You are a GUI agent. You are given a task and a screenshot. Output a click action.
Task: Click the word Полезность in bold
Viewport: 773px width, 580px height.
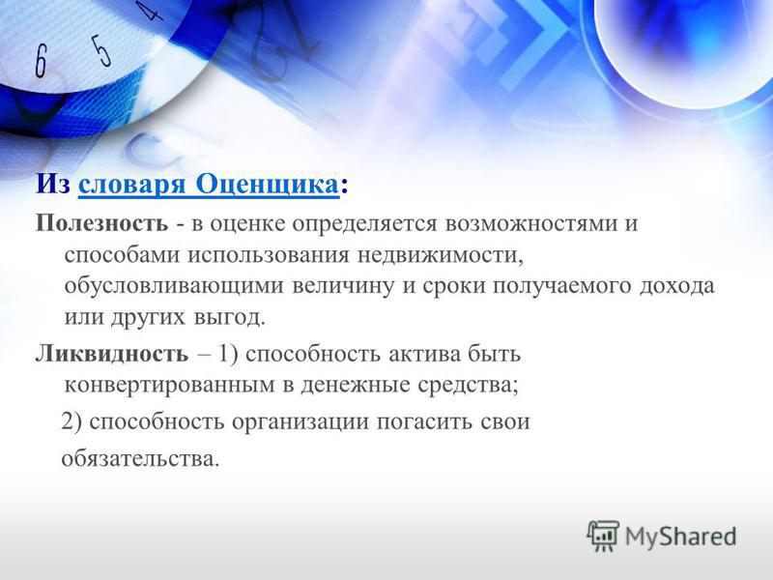tap(101, 223)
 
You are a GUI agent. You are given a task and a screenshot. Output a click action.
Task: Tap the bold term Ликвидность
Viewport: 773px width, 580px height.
tap(112, 354)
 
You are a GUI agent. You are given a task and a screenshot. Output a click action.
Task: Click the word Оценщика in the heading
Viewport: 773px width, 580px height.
tap(268, 185)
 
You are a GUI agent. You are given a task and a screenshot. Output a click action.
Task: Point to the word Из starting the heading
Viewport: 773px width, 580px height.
tap(53, 185)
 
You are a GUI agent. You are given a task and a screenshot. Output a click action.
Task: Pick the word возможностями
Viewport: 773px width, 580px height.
tap(530, 223)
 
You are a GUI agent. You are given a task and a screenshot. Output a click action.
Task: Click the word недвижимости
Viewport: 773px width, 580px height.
tap(440, 255)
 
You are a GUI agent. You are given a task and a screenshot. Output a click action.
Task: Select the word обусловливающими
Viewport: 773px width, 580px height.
tap(174, 286)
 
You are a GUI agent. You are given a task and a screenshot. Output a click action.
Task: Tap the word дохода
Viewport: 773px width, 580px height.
tap(677, 286)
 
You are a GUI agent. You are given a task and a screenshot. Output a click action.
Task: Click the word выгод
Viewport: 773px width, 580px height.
tap(230, 318)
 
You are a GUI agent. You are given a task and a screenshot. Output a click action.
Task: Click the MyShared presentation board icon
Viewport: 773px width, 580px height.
tap(603, 536)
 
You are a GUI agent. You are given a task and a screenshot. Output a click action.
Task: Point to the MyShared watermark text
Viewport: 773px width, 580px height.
tap(681, 536)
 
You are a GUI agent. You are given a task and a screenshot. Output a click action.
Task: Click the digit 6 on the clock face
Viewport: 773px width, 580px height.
tap(41, 61)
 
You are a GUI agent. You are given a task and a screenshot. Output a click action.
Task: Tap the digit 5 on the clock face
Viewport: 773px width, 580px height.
tap(101, 49)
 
